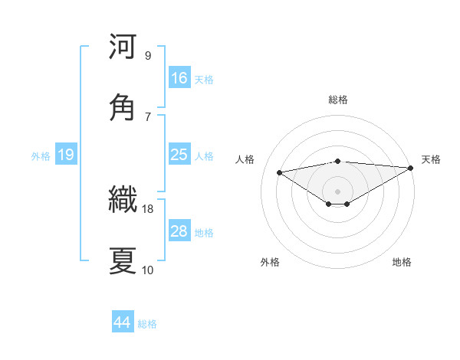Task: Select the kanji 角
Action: (x=123, y=106)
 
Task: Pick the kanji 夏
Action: (x=123, y=260)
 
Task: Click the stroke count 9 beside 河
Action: (x=148, y=55)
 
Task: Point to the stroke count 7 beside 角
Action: (x=148, y=116)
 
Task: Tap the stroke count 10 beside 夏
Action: (x=148, y=270)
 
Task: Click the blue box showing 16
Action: (x=179, y=78)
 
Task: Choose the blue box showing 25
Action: (x=179, y=155)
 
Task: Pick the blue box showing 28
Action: (x=179, y=231)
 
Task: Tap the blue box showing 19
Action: (x=66, y=155)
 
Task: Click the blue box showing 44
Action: (x=123, y=322)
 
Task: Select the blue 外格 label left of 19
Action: (x=41, y=155)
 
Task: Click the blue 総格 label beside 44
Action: (x=147, y=323)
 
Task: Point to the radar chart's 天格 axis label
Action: (x=431, y=159)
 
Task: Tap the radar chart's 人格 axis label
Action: (x=245, y=159)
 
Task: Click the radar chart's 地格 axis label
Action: (x=402, y=262)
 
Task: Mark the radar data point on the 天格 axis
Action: (x=412, y=168)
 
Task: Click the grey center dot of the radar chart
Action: (x=338, y=191)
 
